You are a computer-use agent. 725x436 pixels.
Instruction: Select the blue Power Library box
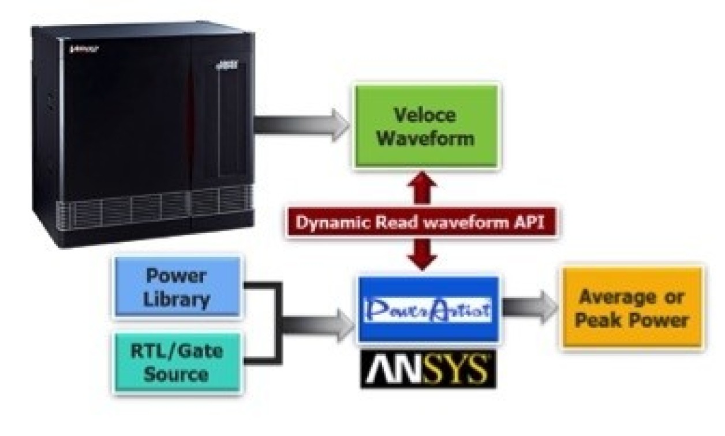coord(177,287)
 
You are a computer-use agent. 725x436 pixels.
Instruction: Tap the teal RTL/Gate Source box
coord(177,362)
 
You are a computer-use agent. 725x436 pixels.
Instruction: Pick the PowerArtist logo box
coord(428,310)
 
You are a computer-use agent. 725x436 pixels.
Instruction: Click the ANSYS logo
coord(428,369)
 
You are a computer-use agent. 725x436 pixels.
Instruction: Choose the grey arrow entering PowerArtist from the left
coord(323,324)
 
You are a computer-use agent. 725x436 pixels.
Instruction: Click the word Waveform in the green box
coord(425,139)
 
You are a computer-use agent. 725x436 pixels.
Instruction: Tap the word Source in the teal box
coord(177,374)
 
